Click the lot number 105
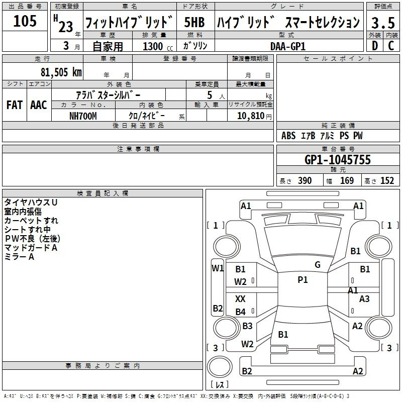pyautogui.click(x=25, y=21)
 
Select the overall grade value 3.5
pyautogui.click(x=383, y=23)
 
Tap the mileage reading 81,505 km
pyautogui.click(x=61, y=72)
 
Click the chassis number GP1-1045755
pyautogui.click(x=338, y=159)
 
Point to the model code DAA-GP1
pyautogui.click(x=288, y=46)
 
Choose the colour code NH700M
pyautogui.click(x=83, y=116)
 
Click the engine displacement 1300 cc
pyautogui.click(x=158, y=46)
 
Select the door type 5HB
pyautogui.click(x=194, y=22)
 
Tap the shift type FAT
pyautogui.click(x=15, y=105)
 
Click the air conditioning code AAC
pyautogui.click(x=39, y=105)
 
